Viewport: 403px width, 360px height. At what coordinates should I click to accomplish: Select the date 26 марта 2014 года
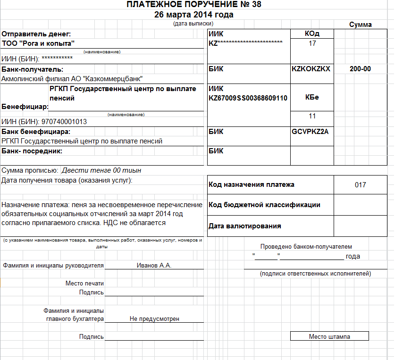[193, 15]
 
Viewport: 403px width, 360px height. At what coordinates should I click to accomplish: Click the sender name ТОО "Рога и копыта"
[38, 43]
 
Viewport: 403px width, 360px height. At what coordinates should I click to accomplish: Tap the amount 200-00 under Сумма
[360, 69]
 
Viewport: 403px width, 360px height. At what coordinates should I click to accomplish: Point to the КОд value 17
[312, 43]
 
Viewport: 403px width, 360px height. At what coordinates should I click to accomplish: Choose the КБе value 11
[312, 116]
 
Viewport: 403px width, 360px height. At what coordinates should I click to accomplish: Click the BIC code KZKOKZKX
[311, 69]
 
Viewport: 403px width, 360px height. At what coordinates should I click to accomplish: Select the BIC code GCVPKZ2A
[310, 131]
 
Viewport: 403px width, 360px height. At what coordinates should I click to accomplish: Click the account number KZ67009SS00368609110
[248, 98]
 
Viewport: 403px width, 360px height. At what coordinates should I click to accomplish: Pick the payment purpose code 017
[360, 185]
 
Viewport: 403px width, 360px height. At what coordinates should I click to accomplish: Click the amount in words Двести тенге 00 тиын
[101, 170]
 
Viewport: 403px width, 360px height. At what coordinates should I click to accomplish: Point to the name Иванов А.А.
[154, 265]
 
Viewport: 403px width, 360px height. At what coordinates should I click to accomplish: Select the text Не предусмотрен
[154, 319]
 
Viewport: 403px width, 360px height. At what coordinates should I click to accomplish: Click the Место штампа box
[329, 336]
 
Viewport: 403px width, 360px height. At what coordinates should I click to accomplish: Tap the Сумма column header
[360, 25]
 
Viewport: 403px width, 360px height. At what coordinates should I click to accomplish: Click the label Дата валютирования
[244, 226]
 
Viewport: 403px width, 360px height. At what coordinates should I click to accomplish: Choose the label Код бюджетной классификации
[264, 205]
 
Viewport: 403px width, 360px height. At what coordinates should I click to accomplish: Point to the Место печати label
[84, 283]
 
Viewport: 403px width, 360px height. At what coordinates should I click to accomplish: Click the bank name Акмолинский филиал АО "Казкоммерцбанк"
[72, 79]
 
